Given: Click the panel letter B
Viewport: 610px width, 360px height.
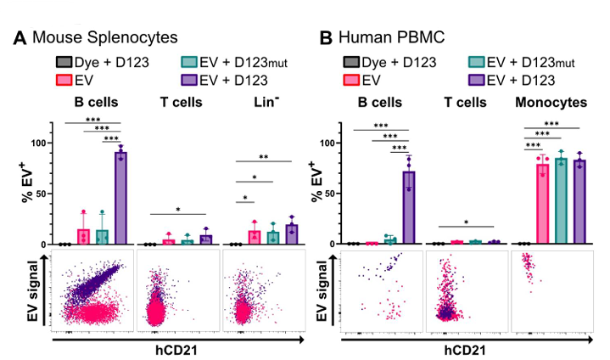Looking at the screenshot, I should tap(325, 38).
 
